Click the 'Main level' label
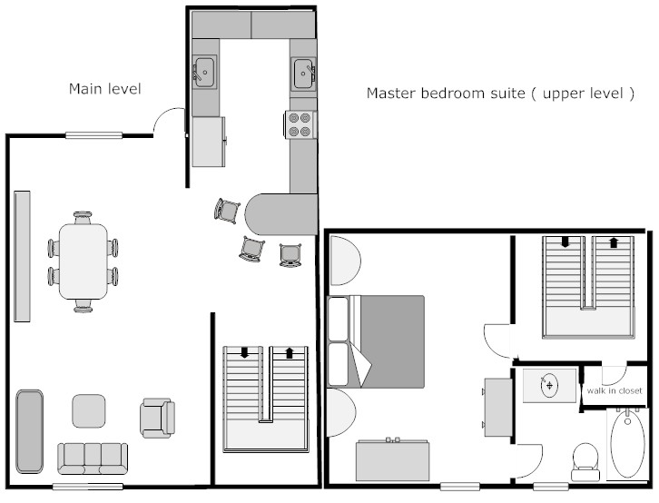105,89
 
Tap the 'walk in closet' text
615,390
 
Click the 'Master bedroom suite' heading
446,93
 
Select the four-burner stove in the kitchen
300,124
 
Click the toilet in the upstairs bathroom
585,461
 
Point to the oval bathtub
627,444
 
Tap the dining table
84,261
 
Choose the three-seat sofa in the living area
93,459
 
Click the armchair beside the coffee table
157,419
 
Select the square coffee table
89,411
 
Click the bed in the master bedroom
376,341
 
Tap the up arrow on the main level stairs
290,352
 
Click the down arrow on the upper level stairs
566,242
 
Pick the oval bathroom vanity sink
549,385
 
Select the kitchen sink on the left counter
204,72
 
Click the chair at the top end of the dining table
83,218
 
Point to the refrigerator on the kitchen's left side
209,142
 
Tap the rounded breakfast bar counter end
280,214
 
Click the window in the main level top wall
93,135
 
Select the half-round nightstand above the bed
345,261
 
